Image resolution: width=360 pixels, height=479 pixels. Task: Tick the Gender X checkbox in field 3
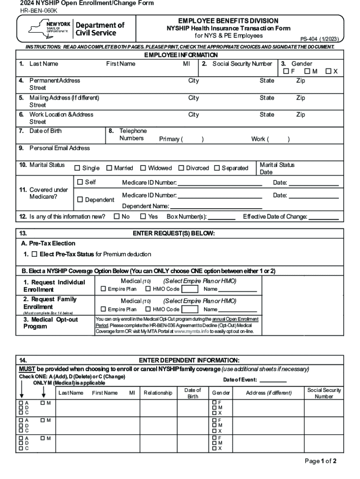click(x=329, y=72)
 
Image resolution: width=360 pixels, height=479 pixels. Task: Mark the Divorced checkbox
click(x=181, y=168)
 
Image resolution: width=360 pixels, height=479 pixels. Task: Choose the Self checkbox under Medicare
click(x=80, y=182)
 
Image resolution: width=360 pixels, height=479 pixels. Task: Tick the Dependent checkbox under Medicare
click(x=80, y=200)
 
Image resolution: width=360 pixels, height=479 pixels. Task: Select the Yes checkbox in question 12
click(x=143, y=217)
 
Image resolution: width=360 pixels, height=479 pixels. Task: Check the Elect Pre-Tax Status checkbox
click(x=34, y=254)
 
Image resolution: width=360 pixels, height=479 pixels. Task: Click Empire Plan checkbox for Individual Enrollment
click(x=104, y=289)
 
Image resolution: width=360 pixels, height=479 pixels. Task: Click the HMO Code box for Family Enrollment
click(x=189, y=309)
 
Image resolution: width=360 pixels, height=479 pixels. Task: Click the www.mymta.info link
click(x=191, y=331)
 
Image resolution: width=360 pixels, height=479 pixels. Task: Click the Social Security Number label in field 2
click(x=242, y=64)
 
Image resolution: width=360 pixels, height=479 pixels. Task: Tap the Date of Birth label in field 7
click(x=45, y=131)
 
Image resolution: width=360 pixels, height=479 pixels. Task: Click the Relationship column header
click(x=158, y=393)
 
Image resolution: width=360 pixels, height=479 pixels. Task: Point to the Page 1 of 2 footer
click(x=320, y=461)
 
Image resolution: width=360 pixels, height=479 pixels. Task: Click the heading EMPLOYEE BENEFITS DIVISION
click(x=228, y=21)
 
